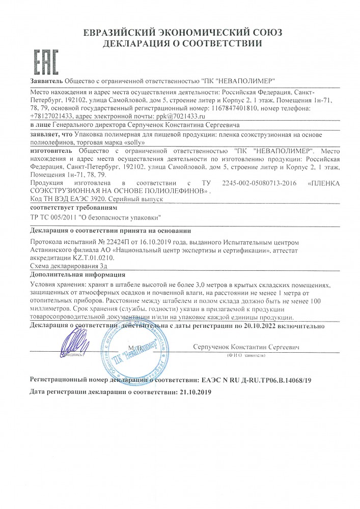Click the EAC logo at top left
click(x=46, y=62)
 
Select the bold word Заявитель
click(x=45, y=81)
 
